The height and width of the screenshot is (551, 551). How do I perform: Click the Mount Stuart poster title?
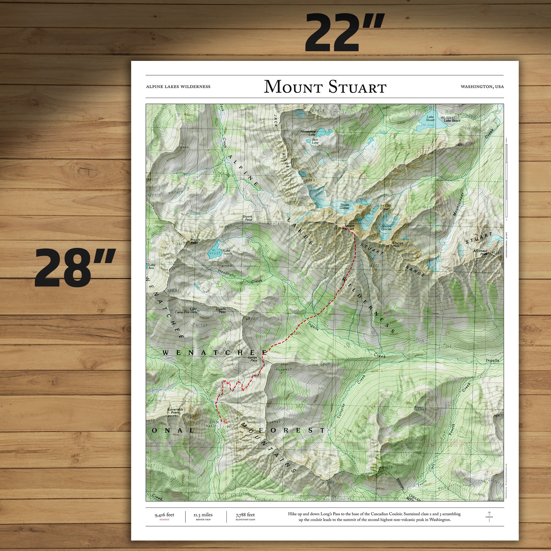point(325,87)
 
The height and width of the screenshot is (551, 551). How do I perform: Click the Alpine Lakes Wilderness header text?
point(178,87)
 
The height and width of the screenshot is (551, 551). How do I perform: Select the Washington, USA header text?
point(482,87)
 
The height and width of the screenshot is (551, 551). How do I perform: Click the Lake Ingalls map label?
point(227,252)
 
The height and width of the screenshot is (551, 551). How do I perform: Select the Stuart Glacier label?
point(345,206)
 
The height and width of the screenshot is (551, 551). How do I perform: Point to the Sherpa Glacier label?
point(386,227)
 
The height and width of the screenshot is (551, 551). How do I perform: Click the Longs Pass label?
point(253,359)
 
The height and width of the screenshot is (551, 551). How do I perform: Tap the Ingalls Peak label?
point(195,241)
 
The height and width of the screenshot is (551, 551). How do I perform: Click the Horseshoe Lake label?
point(308,133)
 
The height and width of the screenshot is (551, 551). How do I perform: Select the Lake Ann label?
point(152,266)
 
